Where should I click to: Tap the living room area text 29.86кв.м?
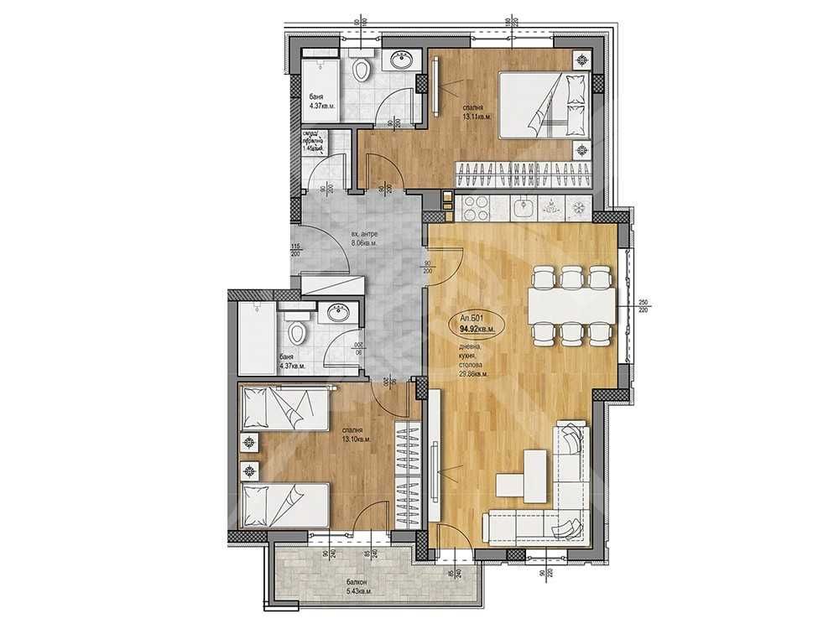(x=476, y=374)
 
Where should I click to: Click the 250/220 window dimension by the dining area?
(x=644, y=307)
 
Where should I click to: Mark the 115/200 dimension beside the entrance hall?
(x=295, y=250)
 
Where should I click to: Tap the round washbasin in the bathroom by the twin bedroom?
(x=337, y=313)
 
